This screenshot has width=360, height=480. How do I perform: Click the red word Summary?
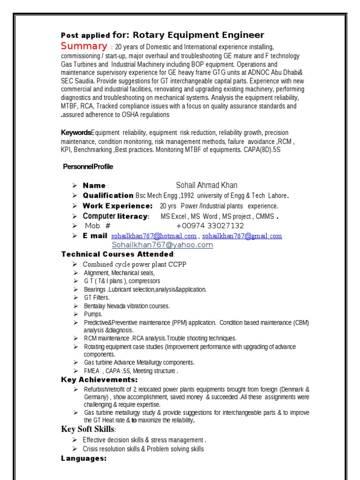pyautogui.click(x=84, y=46)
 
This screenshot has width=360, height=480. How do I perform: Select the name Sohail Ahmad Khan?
pyautogui.click(x=207, y=185)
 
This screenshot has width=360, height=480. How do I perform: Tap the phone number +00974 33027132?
pyautogui.click(x=210, y=226)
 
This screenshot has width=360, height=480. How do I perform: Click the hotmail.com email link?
pyautogui.click(x=154, y=236)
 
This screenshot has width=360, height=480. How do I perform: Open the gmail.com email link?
pyautogui.click(x=242, y=236)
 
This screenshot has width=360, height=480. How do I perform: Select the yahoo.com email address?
pyautogui.click(x=162, y=245)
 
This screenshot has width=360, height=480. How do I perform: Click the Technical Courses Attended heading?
pyautogui.click(x=118, y=254)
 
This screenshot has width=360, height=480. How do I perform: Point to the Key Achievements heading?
pyautogui.click(x=99, y=380)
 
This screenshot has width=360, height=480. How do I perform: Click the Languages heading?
pyautogui.click(x=84, y=458)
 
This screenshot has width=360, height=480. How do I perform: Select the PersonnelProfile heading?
pyautogui.click(x=88, y=167)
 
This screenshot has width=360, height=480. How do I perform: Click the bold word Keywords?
pyautogui.click(x=76, y=133)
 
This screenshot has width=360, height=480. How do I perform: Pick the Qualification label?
pyautogui.click(x=108, y=195)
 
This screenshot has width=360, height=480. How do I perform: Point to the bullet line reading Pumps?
pyautogui.click(x=93, y=314)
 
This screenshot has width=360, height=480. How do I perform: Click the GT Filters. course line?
pyautogui.click(x=97, y=298)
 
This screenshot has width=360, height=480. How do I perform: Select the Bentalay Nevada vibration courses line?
pyautogui.click(x=127, y=306)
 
